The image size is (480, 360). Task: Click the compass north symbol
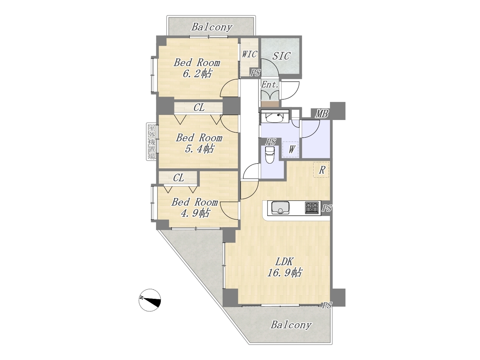[150, 300]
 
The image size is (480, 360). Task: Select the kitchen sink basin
[280, 208]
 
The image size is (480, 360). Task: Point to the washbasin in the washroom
[274, 118]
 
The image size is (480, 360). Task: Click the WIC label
[249, 54]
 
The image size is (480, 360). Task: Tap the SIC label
[281, 56]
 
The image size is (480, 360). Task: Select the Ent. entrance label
[270, 85]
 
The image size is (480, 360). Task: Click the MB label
[321, 114]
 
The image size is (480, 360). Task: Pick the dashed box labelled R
[321, 169]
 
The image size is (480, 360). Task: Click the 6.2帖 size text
[197, 74]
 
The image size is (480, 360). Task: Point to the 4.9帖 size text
[195, 213]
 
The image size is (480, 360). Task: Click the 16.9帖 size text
[285, 273]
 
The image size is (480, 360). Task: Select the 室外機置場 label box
[151, 142]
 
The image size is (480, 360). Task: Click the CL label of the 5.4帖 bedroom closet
[199, 108]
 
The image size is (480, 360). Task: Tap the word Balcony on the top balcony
[211, 27]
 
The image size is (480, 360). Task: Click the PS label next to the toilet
[270, 142]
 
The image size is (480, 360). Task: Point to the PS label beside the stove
[327, 208]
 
